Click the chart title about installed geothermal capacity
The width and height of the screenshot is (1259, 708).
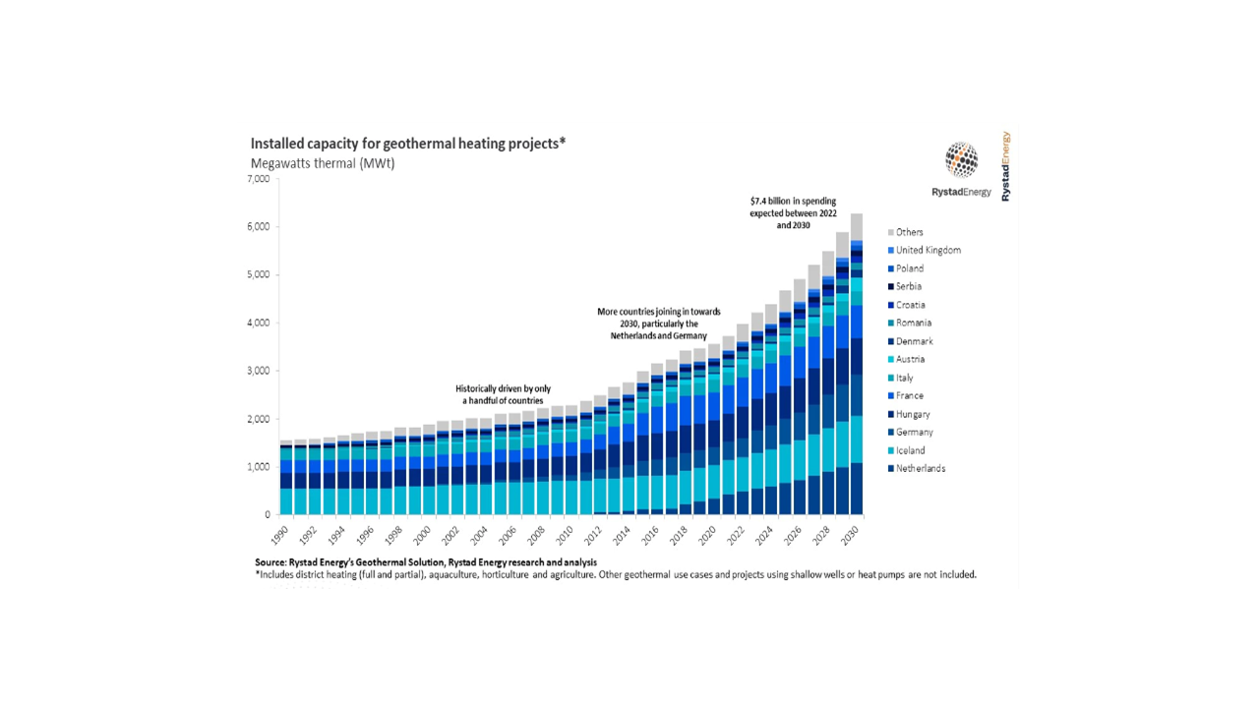tap(408, 144)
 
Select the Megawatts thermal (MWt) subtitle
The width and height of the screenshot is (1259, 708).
tap(323, 163)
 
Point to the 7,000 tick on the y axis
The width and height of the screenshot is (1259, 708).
tap(257, 180)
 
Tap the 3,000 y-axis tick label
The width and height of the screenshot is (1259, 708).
tap(257, 371)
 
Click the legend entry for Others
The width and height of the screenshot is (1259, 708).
tap(909, 232)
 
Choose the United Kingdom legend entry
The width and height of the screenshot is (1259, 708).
tap(928, 250)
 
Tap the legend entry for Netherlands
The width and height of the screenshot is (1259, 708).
tap(920, 468)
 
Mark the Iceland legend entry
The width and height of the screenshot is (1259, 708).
tap(910, 450)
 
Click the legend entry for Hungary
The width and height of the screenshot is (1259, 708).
tap(913, 414)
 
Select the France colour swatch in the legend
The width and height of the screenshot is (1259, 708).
tap(891, 396)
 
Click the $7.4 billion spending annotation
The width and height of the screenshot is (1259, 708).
tap(793, 212)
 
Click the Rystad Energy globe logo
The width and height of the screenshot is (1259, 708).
tap(961, 159)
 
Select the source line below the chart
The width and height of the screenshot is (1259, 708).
tap(425, 562)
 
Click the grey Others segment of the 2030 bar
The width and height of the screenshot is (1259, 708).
tap(857, 226)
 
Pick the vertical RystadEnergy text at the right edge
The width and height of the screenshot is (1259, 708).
tap(1005, 167)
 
